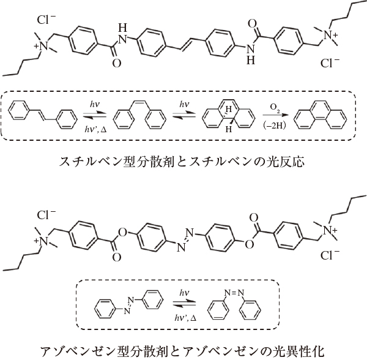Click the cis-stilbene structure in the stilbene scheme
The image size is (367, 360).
pyautogui.click(x=139, y=115)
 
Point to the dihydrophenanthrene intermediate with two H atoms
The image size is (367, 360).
pyautogui.click(x=228, y=115)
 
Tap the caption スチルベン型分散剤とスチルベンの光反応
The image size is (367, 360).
pyautogui.click(x=182, y=162)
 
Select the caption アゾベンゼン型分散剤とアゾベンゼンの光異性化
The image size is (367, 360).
pyautogui.click(x=183, y=351)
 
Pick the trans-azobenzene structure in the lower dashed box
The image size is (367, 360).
pyautogui.click(x=128, y=304)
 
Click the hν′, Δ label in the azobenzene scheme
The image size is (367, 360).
pyautogui.click(x=185, y=318)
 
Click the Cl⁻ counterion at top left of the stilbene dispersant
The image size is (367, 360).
pyautogui.click(x=46, y=20)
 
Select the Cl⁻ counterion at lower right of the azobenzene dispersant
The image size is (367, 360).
pyautogui.click(x=330, y=255)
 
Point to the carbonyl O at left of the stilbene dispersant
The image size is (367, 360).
pyautogui.click(x=117, y=63)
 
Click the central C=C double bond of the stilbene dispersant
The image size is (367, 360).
pyautogui.click(x=185, y=44)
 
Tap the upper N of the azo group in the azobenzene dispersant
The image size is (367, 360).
pyautogui.click(x=190, y=233)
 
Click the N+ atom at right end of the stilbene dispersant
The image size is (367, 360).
pyautogui.click(x=330, y=36)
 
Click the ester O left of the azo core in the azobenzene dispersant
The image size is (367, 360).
pyautogui.click(x=122, y=233)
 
